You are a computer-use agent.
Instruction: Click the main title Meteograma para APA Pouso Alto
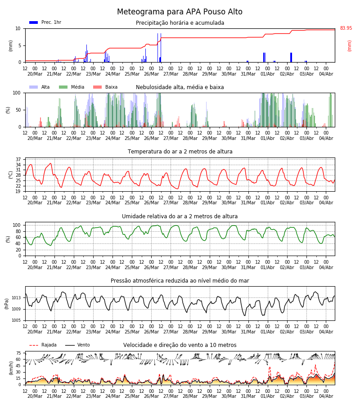(x=180, y=12)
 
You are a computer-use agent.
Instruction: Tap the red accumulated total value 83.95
(x=346, y=28)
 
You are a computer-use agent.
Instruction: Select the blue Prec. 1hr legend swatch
(x=34, y=22)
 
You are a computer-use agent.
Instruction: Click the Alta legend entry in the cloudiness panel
(x=40, y=87)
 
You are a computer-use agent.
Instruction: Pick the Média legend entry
(x=72, y=87)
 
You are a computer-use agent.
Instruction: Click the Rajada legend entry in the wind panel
(x=43, y=345)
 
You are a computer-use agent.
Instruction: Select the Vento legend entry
(x=78, y=345)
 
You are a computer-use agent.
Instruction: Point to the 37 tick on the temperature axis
(x=18, y=159)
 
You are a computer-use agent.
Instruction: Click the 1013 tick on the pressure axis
(x=16, y=298)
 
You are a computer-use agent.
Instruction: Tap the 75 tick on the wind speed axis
(x=18, y=353)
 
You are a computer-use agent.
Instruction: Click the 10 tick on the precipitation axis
(x=18, y=28)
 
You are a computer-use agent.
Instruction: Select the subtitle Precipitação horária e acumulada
(x=180, y=23)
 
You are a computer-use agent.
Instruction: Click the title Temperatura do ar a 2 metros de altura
(x=180, y=152)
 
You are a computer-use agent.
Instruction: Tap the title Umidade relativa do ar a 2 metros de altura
(x=180, y=216)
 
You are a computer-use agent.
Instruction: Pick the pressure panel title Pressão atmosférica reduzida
(x=180, y=280)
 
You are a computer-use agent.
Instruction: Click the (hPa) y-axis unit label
(x=7, y=304)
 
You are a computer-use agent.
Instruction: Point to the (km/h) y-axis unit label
(x=11, y=368)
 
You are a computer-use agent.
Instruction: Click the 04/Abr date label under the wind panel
(x=326, y=396)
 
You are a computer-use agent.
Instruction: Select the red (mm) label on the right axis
(x=349, y=46)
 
